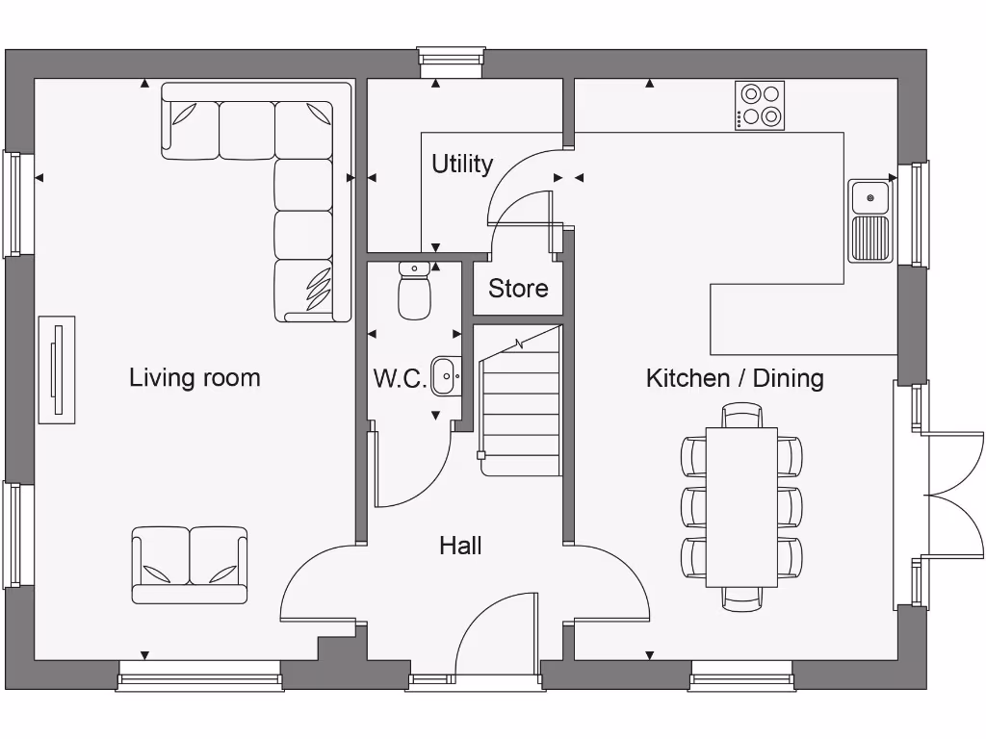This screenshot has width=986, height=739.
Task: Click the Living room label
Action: tap(195, 377)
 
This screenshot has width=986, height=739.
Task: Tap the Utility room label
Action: tap(461, 164)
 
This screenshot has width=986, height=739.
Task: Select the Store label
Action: tap(518, 288)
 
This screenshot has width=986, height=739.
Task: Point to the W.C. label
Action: tap(400, 378)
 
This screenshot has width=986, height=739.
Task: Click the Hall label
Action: tap(460, 546)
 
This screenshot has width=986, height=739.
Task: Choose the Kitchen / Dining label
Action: tap(735, 377)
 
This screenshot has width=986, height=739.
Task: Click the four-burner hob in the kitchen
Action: tap(760, 106)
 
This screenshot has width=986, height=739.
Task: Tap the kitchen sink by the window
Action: tap(870, 220)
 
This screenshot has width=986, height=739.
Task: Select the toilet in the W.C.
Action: tap(415, 292)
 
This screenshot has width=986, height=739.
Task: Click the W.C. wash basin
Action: tap(446, 375)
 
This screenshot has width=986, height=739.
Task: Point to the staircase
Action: tap(520, 404)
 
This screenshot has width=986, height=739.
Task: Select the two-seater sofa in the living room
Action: tap(190, 564)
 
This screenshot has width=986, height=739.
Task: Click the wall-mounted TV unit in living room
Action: tap(57, 369)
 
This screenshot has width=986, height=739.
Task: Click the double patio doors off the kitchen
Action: tap(939, 496)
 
